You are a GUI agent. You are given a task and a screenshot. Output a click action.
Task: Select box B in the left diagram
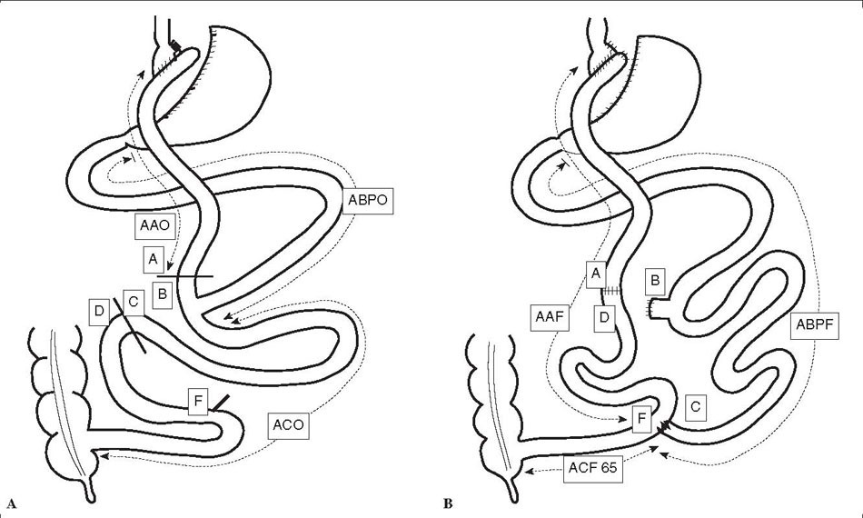click(x=164, y=294)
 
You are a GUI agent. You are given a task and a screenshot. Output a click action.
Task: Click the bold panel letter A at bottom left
click(x=12, y=502)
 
